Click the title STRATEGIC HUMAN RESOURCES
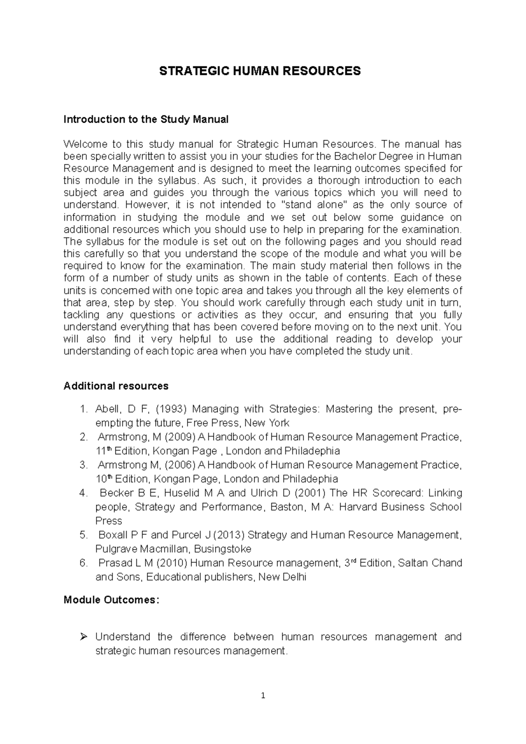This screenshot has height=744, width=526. click(259, 71)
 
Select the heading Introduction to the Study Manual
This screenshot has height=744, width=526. click(146, 119)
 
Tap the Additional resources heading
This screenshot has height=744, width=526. click(116, 386)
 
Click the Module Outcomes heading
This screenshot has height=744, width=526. click(111, 600)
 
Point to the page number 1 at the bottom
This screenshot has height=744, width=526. click(263, 695)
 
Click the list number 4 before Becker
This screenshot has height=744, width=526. click(83, 493)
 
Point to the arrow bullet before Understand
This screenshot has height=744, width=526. click(85, 636)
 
